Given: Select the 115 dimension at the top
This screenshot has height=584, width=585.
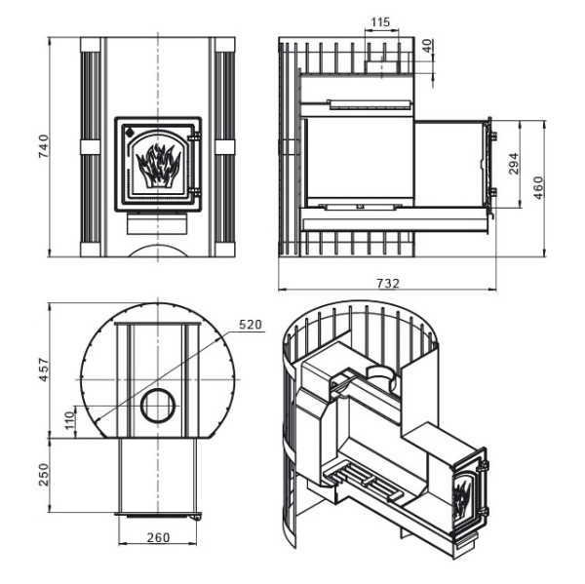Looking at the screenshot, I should [381, 21].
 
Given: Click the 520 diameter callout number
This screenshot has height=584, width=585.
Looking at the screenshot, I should [252, 326].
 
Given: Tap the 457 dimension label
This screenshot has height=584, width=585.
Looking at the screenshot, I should [41, 371].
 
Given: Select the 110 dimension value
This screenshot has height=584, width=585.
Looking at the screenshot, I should [67, 419].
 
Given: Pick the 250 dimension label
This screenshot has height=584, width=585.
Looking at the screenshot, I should [41, 477].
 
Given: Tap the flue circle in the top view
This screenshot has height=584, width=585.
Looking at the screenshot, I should [158, 405].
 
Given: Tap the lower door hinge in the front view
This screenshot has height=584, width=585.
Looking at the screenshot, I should [196, 192].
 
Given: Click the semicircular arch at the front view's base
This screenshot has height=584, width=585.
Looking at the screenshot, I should [157, 251].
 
